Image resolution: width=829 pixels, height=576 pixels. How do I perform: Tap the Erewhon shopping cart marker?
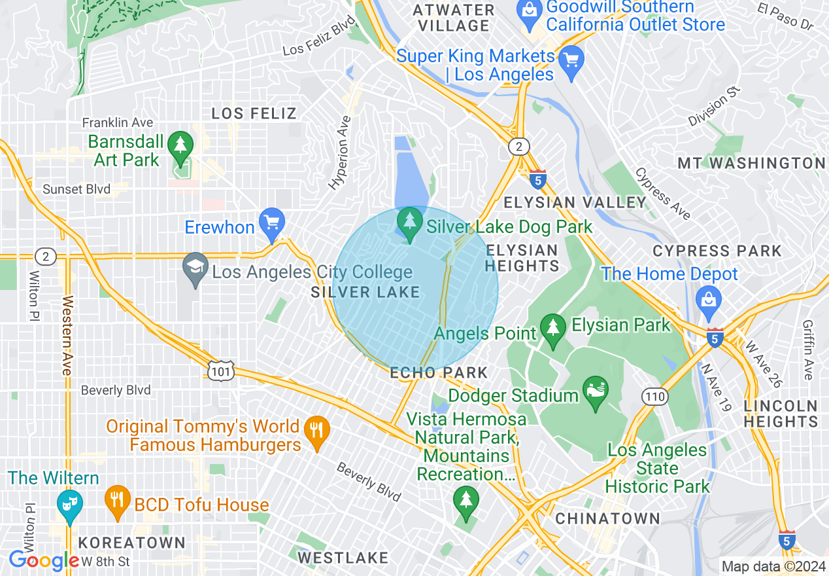pos(271,223)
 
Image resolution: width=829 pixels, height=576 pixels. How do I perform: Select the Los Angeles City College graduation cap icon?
pos(195,269)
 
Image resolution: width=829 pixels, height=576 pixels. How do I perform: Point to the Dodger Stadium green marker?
pos(595,392)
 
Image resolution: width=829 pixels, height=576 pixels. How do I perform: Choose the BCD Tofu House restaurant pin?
pos(118,502)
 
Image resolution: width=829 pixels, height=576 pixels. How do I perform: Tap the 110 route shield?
pos(656,396)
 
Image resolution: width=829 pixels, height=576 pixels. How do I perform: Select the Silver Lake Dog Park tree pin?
pos(410,224)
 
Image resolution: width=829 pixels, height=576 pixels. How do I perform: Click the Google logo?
pos(44,561)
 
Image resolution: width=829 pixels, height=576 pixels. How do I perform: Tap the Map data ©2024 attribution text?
pos(773,566)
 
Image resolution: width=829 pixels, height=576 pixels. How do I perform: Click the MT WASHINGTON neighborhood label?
pos(751,163)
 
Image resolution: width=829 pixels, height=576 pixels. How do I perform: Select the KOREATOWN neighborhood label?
pos(132,543)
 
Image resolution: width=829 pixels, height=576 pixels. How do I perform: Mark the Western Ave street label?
pos(66,336)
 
